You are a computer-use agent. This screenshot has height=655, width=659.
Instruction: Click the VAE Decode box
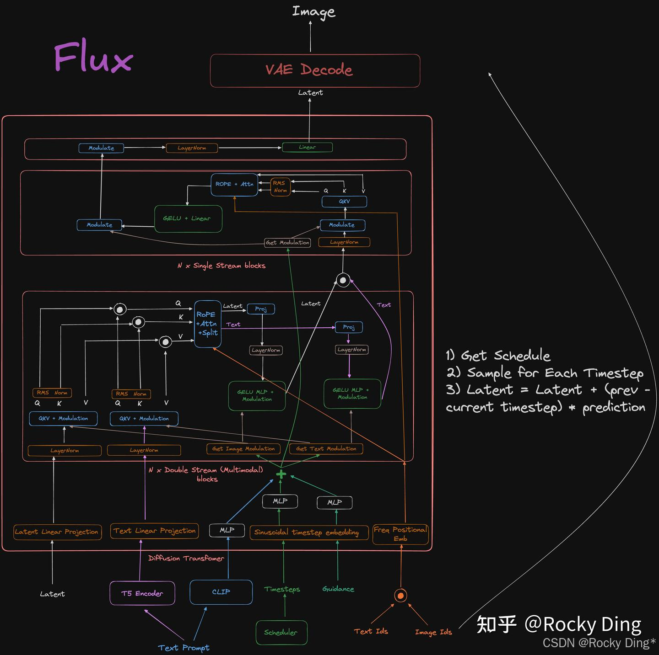315,70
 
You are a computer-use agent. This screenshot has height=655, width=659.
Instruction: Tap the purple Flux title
93,58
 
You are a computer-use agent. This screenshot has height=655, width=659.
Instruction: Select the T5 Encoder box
142,593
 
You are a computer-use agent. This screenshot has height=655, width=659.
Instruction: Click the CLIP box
221,592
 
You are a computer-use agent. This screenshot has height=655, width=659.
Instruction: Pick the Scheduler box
281,633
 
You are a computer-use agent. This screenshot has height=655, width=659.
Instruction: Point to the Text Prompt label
184,648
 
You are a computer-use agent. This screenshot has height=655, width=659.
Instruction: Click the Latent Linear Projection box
57,532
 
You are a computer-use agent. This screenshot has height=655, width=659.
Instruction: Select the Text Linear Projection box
155,531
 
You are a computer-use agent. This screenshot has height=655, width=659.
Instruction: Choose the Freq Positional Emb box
400,534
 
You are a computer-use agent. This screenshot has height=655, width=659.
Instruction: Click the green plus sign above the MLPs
281,474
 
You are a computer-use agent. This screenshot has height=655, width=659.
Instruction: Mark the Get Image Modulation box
243,449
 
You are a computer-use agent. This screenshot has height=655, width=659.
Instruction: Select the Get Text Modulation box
326,449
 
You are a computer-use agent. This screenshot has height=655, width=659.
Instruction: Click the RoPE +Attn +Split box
207,324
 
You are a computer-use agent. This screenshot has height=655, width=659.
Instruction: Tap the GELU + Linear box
188,218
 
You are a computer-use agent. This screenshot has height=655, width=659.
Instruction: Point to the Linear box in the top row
307,147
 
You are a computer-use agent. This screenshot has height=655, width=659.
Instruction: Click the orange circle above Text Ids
400,596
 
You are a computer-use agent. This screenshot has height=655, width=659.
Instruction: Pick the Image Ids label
433,632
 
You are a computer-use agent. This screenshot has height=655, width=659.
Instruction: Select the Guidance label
338,589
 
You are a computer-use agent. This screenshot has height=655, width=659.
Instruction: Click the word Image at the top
313,12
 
